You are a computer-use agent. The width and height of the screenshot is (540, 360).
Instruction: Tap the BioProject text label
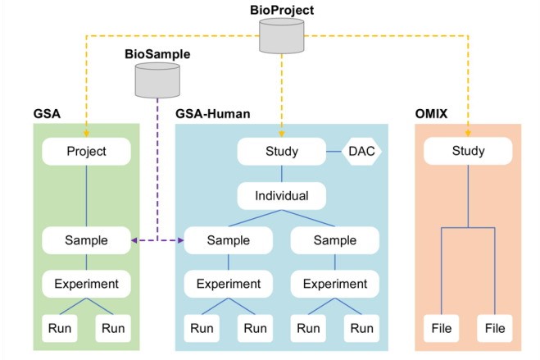(282, 10)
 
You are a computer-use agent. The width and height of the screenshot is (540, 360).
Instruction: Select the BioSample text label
(157, 52)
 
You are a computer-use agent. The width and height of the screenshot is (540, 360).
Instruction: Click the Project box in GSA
(87, 151)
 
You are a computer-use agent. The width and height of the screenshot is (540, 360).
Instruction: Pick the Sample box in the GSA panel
(87, 240)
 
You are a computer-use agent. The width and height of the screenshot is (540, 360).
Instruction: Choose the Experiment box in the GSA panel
(87, 285)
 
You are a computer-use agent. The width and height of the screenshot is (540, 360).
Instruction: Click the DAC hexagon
(361, 151)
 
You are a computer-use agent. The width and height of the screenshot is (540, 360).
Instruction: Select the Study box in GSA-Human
(282, 151)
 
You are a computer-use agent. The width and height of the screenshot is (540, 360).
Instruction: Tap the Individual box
(282, 196)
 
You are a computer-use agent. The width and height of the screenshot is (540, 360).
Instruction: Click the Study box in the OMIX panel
(468, 151)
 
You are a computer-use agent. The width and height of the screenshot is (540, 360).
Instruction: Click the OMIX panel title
(437, 113)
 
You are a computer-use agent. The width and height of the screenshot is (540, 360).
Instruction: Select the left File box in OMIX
(440, 329)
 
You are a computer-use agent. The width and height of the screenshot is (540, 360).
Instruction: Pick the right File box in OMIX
(495, 329)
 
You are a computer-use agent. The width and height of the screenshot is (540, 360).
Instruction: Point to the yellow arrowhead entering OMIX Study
(468, 132)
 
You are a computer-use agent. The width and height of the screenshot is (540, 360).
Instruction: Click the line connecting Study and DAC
(333, 151)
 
